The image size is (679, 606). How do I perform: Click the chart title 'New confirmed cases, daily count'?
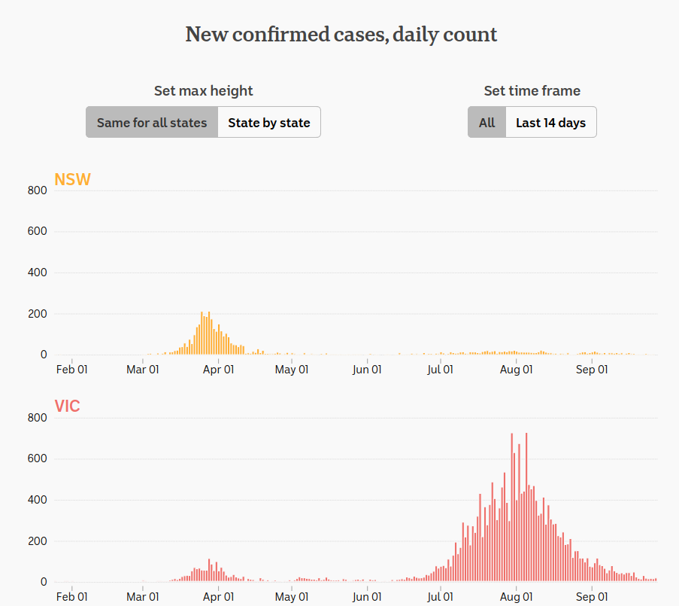[x=341, y=35]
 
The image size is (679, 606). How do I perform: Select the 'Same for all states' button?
[x=152, y=123]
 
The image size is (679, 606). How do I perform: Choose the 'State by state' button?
[x=269, y=123]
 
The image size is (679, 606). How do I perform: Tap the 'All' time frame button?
[x=487, y=123]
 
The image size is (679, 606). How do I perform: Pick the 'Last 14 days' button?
[x=550, y=123]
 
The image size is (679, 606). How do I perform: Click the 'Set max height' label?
[x=203, y=91]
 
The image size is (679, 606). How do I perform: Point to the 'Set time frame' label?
[x=532, y=91]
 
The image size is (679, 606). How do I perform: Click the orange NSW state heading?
[x=72, y=179]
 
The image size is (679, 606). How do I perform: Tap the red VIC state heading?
[x=67, y=407]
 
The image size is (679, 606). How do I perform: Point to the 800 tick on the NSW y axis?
[x=38, y=190]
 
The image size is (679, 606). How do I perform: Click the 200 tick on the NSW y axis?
[x=38, y=314]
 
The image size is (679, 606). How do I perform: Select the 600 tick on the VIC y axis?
[x=38, y=459]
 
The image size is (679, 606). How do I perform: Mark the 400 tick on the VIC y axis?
[x=38, y=500]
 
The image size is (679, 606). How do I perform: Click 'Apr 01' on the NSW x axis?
[x=218, y=370]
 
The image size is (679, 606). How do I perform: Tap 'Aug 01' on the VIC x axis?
[x=516, y=597]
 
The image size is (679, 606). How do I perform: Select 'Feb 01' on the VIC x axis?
[x=72, y=597]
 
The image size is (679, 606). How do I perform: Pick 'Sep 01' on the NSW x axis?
[x=591, y=370]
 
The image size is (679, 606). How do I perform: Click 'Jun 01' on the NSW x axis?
[x=366, y=370]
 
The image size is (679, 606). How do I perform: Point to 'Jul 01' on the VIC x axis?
[x=440, y=597]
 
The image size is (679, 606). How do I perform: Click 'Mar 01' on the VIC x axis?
[x=143, y=597]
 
